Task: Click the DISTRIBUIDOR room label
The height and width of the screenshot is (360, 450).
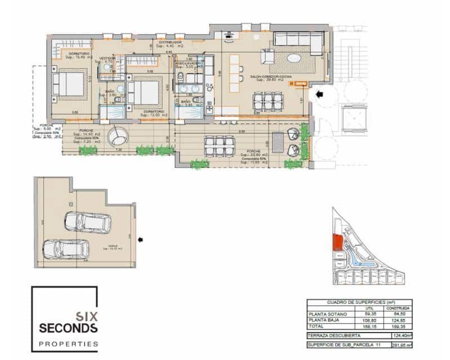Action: click(169, 42)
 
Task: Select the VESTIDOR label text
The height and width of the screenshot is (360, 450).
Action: click(107, 58)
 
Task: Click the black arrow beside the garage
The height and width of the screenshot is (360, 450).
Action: click(141, 240)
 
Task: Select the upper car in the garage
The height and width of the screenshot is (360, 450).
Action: click(87, 222)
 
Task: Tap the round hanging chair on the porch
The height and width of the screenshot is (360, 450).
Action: click(119, 136)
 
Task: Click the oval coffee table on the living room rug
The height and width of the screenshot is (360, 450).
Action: click(295, 57)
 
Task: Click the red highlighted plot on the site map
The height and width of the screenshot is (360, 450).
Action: click(337, 242)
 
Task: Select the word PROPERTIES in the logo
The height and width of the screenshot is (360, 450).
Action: click(68, 343)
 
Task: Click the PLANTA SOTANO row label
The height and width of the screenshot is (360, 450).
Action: click(325, 314)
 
